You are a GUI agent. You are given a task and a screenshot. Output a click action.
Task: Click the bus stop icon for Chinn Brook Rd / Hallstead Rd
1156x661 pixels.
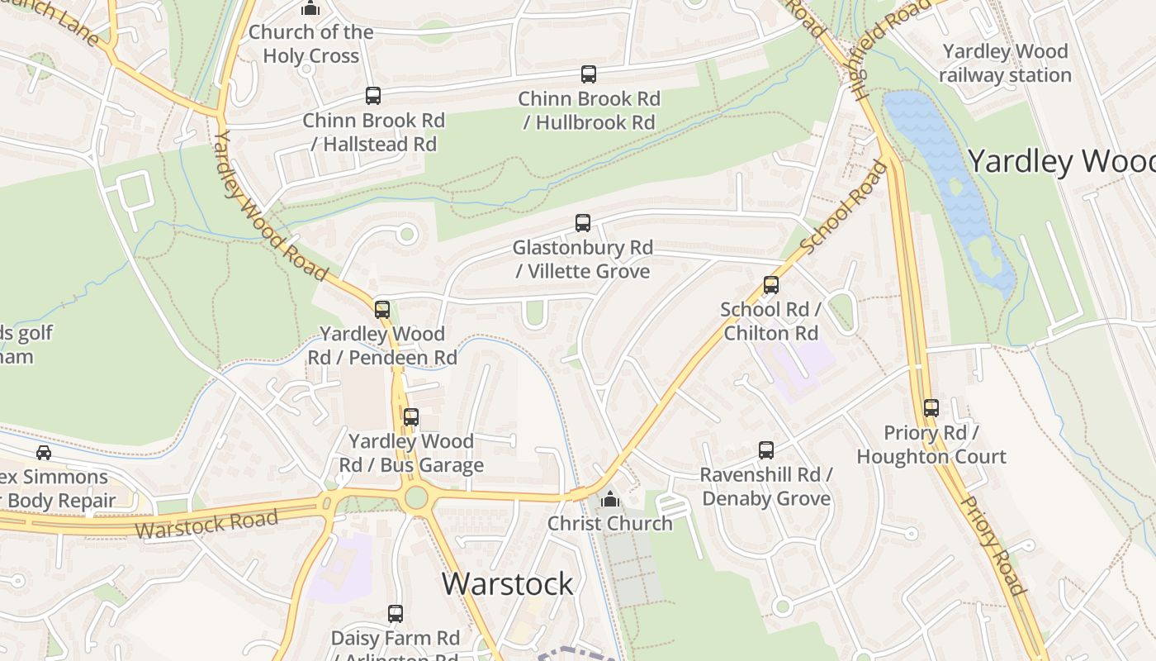pyautogui.click(x=373, y=96)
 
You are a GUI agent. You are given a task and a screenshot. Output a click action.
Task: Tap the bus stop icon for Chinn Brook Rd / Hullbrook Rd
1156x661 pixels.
pyautogui.click(x=589, y=74)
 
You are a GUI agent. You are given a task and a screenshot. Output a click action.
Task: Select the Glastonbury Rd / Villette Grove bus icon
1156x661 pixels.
pyautogui.click(x=583, y=223)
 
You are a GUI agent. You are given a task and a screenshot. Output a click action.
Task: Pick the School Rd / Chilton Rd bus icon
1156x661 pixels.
pyautogui.click(x=771, y=285)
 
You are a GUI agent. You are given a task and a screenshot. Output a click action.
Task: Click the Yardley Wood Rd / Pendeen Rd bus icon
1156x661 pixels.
pyautogui.click(x=382, y=310)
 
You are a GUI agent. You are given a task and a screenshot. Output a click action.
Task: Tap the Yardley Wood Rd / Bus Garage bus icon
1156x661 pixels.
pyautogui.click(x=411, y=417)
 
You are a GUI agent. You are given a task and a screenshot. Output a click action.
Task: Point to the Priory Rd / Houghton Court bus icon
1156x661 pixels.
pyautogui.click(x=931, y=408)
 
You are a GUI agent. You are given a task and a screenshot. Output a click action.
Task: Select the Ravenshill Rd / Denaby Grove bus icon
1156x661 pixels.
pyautogui.click(x=766, y=450)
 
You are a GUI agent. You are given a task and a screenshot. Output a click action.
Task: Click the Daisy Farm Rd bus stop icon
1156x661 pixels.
pyautogui.click(x=396, y=614)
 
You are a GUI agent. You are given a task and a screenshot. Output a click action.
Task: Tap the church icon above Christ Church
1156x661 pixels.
pyautogui.click(x=610, y=499)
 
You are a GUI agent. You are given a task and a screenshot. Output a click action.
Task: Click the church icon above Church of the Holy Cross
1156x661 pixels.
pyautogui.click(x=310, y=8)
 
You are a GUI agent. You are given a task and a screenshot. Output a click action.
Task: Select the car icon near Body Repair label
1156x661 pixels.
pyautogui.click(x=44, y=453)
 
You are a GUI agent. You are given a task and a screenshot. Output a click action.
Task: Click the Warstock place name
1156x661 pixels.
pyautogui.click(x=508, y=583)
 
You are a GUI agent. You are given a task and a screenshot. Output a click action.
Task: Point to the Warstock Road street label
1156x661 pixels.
pyautogui.click(x=206, y=524)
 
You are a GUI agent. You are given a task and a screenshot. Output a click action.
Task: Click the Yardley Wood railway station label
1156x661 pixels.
pyautogui.click(x=1005, y=63)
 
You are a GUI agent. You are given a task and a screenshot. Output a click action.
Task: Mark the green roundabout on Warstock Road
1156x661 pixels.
pyautogui.click(x=416, y=497)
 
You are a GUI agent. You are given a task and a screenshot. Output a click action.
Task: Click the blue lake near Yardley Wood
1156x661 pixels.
pyautogui.click(x=950, y=182)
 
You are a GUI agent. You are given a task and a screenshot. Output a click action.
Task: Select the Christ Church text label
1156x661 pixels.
pyautogui.click(x=610, y=523)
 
